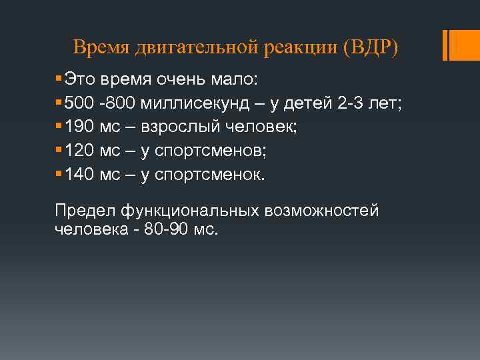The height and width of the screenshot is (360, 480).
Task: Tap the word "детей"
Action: click(x=319, y=105)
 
